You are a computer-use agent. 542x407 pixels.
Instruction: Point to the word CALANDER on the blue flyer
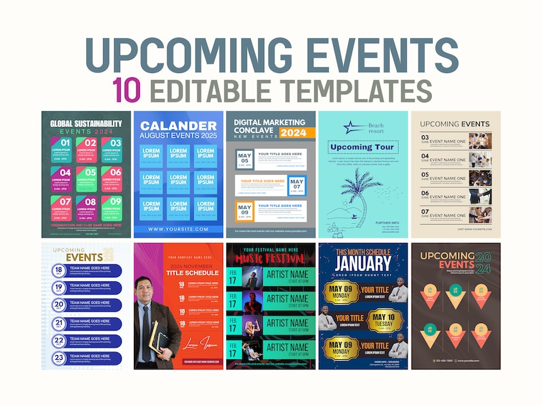179,126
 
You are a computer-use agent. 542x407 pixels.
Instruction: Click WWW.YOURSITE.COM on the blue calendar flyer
177,229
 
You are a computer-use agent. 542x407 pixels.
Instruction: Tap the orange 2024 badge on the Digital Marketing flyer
294,133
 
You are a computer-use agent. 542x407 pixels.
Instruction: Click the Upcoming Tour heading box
362,147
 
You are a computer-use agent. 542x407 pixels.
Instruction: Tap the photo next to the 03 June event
480,141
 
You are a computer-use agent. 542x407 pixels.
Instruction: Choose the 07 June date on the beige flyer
425,214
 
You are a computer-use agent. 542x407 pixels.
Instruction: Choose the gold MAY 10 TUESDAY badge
387,320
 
